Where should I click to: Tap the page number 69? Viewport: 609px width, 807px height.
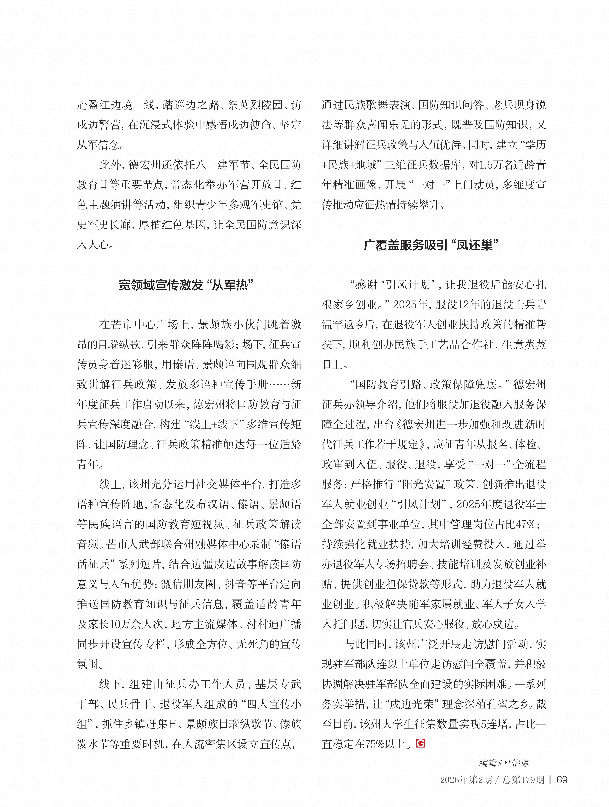pyautogui.click(x=562, y=780)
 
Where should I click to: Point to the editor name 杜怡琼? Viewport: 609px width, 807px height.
pyautogui.click(x=516, y=763)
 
